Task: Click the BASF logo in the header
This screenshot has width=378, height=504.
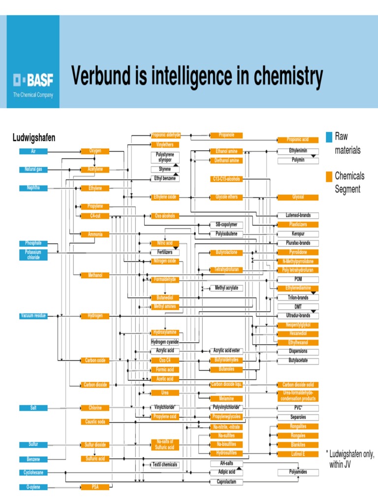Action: pos(33,80)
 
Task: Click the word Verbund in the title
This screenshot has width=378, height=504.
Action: pos(104,77)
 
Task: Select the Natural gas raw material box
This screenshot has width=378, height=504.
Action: pos(33,169)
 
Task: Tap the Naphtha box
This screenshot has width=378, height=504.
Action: pos(33,188)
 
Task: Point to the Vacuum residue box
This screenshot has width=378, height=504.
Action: pos(33,315)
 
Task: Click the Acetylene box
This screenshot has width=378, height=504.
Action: pos(95,169)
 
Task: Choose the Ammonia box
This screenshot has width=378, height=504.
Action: pos(95,234)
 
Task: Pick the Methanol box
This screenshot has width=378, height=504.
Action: pos(95,275)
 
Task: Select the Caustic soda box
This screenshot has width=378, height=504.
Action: pos(95,422)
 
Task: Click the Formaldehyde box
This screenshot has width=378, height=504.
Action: pos(165,279)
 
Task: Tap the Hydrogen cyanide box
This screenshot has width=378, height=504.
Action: pos(165,342)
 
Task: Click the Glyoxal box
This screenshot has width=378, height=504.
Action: pos(298,197)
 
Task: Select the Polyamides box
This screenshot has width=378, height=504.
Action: pos(298,472)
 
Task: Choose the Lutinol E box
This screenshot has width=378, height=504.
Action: pos(298,454)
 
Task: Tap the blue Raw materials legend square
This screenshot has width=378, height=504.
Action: pos(329,136)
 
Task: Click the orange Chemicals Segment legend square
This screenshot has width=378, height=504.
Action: pos(329,176)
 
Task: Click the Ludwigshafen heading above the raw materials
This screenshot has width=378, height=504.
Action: pos(33,138)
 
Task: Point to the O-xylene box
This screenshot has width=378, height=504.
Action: pos(33,487)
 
